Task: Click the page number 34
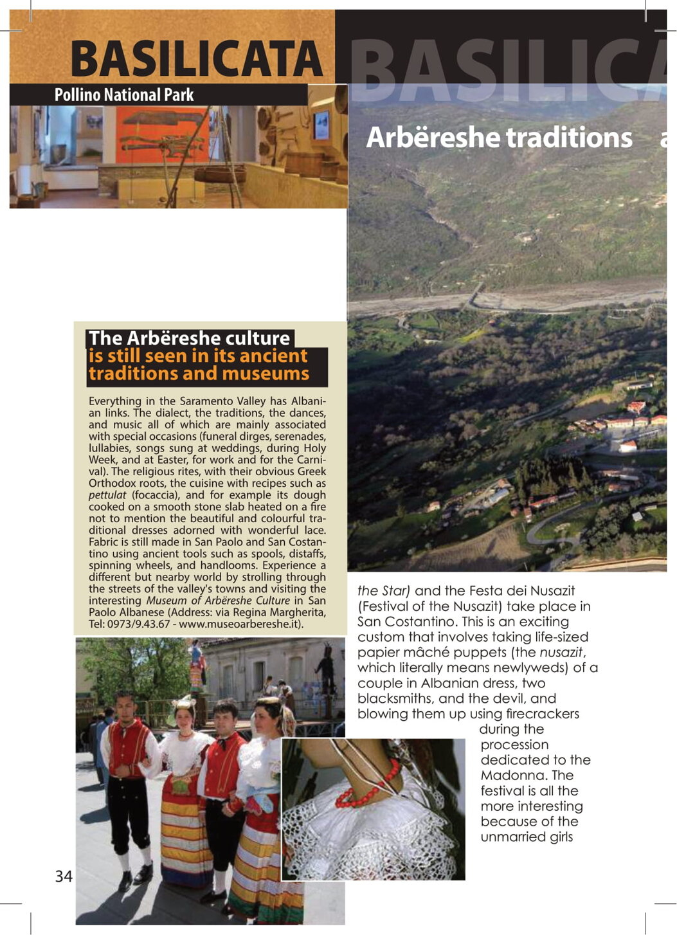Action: [64, 876]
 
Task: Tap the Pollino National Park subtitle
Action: [123, 95]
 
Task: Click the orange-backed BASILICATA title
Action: [196, 59]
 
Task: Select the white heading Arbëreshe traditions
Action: [499, 138]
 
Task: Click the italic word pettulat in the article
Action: [107, 495]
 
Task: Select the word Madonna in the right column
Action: [513, 776]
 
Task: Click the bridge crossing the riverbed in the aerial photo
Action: [476, 298]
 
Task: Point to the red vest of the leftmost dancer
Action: [129, 746]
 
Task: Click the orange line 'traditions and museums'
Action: [199, 374]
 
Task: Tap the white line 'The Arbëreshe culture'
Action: [190, 338]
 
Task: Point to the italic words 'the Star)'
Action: [384, 591]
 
